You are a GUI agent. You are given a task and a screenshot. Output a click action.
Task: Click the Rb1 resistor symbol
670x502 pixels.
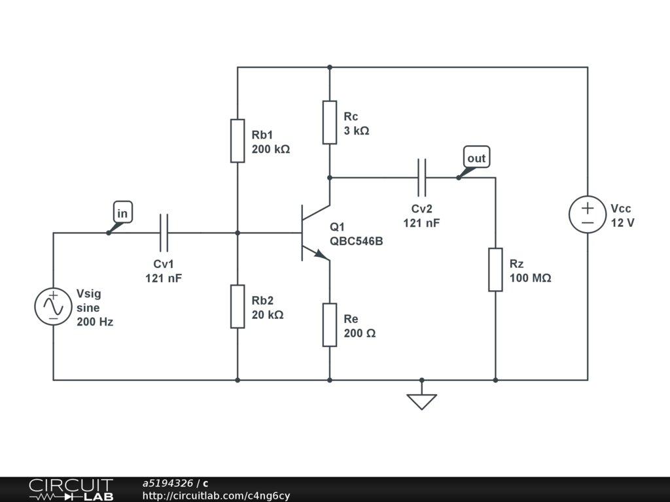(x=238, y=141)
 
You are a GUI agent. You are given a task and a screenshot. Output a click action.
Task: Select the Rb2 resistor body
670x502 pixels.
(x=238, y=307)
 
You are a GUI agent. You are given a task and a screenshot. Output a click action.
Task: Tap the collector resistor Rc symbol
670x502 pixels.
(x=330, y=122)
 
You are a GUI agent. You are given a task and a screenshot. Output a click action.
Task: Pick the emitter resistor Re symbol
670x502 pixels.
(x=330, y=325)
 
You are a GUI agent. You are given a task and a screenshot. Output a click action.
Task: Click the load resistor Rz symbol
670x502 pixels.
(x=495, y=270)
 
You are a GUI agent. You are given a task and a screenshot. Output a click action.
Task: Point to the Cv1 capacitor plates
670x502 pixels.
(x=164, y=233)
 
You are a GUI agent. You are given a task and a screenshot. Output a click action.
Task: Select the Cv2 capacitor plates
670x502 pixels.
(x=422, y=178)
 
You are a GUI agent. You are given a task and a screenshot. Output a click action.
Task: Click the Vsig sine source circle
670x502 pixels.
(x=54, y=307)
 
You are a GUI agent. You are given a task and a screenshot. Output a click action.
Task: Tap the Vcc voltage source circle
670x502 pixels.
(x=588, y=214)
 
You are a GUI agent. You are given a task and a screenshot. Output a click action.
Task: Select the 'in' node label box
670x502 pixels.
(x=123, y=212)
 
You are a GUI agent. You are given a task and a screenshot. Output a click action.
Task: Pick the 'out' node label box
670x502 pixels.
(x=476, y=157)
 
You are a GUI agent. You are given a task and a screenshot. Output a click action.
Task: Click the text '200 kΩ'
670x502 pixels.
(x=271, y=149)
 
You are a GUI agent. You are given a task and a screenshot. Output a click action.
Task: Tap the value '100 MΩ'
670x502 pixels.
(x=530, y=278)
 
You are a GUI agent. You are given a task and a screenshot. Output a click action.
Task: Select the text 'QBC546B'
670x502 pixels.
(x=357, y=241)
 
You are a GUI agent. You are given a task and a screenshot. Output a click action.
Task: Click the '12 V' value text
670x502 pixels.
(x=623, y=223)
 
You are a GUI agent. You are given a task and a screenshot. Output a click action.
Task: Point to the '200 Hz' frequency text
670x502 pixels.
(x=95, y=322)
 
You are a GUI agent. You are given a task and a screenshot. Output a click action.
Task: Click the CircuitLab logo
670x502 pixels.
(x=71, y=490)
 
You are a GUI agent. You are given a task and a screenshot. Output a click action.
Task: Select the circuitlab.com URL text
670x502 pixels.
(x=216, y=495)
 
